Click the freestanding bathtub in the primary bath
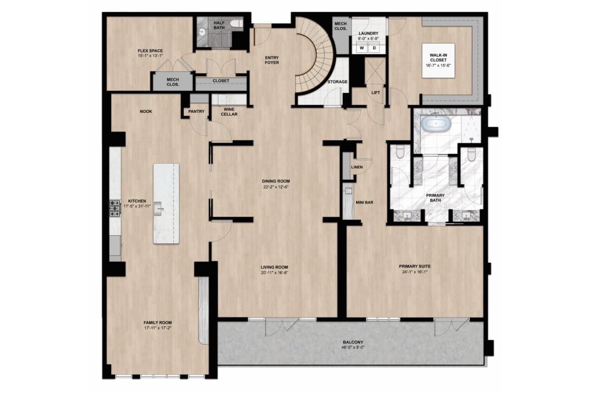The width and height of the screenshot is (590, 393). pos(436,124)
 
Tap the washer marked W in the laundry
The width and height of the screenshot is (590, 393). pos(362,48)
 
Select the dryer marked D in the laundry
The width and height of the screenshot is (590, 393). pos(374,48)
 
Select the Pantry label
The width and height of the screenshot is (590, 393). pos(196,111)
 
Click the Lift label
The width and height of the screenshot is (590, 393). pos(376,93)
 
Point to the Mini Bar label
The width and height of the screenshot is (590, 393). pos(364,202)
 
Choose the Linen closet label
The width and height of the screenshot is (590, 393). pos(357,167)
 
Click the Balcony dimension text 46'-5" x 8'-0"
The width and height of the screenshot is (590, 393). pos(353,347)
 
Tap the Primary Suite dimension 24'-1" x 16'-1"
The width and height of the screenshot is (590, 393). pos(415,271)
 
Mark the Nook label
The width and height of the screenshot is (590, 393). pos(146,111)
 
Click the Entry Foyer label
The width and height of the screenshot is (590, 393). pos(272,61)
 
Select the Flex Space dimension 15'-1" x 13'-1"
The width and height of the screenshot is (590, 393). pos(150,56)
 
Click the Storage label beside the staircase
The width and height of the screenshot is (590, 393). pos(338,82)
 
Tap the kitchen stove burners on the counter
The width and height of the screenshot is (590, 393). pos(115,209)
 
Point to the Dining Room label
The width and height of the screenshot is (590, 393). pos(276,181)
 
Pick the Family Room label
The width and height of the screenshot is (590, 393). pos(158,323)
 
